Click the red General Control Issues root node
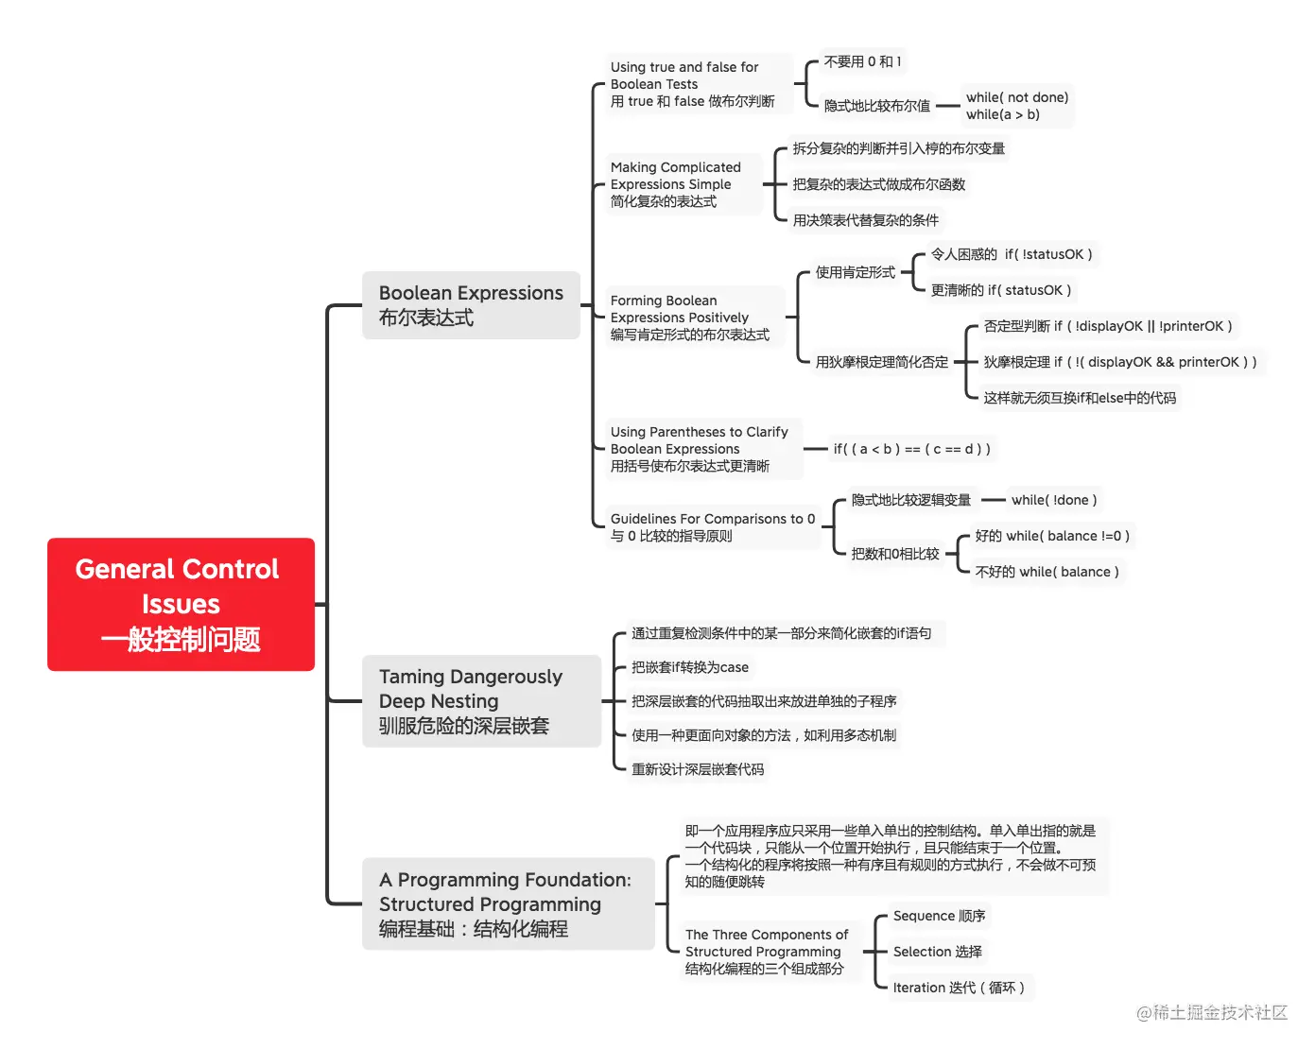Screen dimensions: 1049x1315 [181, 604]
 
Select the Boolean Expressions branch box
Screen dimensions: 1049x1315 [471, 305]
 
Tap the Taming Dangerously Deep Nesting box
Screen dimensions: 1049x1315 [481, 701]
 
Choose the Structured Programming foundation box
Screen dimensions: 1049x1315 [508, 903]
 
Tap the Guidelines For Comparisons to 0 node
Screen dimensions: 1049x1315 [712, 527]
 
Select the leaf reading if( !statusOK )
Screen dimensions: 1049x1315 [1012, 254]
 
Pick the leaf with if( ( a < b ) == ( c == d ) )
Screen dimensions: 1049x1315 [911, 449]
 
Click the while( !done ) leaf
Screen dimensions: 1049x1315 [1054, 500]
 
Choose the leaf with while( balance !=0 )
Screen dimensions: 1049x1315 [1052, 536]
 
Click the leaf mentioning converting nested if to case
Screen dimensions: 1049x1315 [690, 667]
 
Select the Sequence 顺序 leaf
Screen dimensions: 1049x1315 [939, 916]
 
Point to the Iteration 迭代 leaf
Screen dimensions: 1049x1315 [959, 988]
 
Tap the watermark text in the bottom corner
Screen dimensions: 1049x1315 [1211, 1013]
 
